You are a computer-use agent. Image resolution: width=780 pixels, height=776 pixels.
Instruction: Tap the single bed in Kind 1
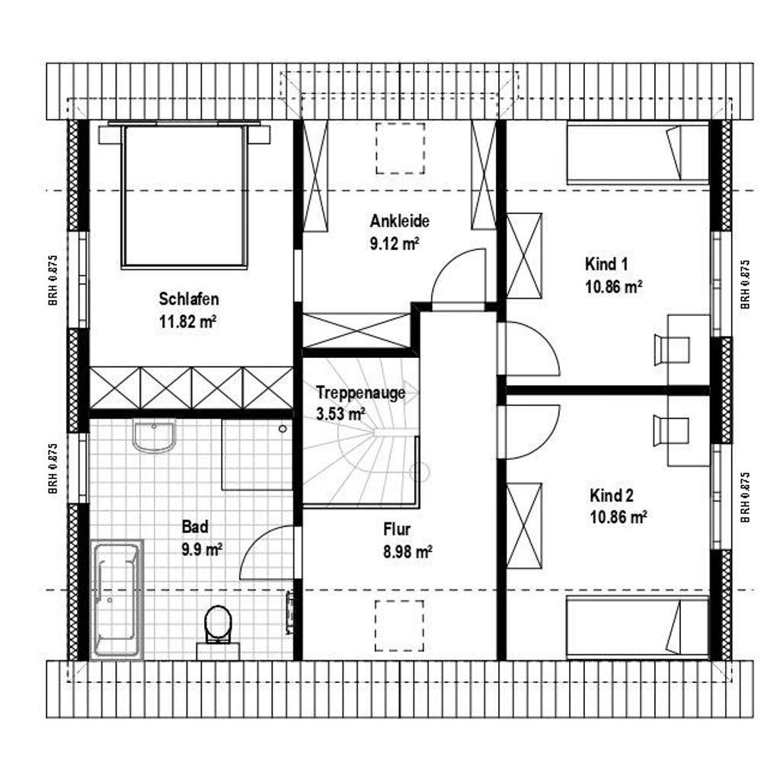638,155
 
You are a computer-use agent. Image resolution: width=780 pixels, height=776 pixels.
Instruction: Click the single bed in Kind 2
638,627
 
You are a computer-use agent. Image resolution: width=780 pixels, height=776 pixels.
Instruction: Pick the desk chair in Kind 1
672,350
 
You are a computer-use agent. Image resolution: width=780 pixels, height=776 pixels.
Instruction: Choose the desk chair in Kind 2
672,430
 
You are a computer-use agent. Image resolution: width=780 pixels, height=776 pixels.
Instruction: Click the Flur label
397,528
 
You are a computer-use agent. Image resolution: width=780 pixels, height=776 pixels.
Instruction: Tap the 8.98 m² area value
408,552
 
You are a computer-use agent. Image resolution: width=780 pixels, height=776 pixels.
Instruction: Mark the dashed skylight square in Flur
399,626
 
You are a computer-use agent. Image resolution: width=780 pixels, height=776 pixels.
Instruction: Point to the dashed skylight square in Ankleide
398,150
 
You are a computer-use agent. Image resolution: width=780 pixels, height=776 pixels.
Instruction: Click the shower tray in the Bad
257,454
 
